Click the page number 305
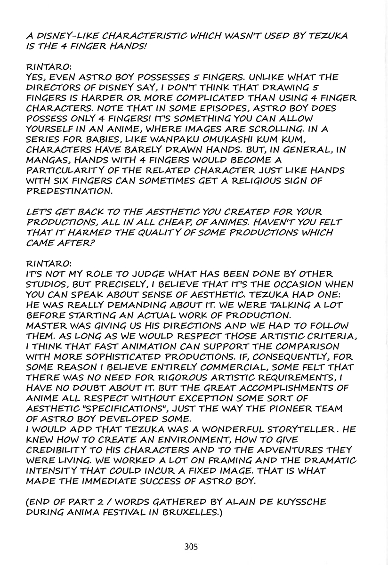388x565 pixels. point(191,547)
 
